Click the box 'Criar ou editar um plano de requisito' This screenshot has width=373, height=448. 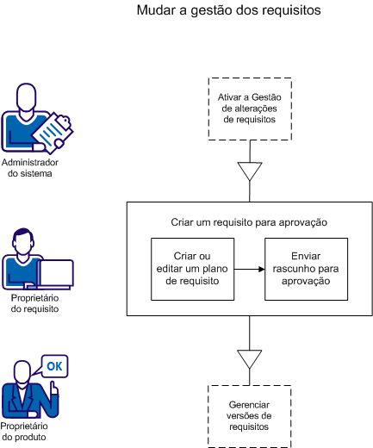[192, 269]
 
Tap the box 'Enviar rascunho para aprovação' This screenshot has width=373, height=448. [306, 269]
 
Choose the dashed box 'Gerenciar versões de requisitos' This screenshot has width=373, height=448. [249, 415]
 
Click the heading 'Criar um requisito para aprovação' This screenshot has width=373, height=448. [249, 222]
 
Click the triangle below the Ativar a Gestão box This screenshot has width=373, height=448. [249, 171]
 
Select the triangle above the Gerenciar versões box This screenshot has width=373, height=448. [249, 358]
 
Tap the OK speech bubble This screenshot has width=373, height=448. [54, 367]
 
